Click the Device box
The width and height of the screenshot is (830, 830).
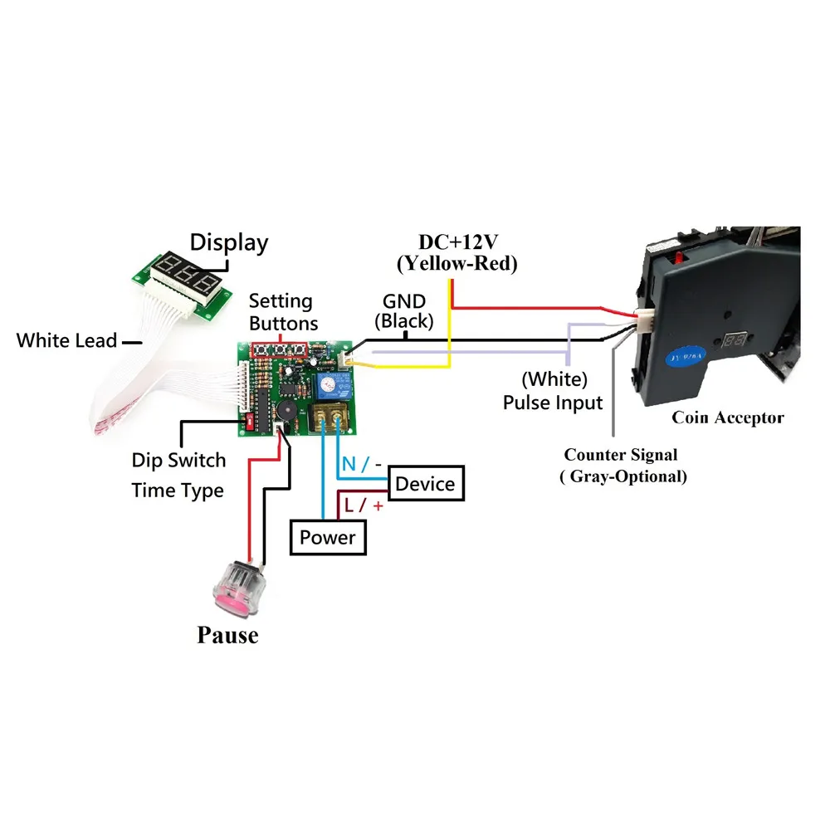(x=426, y=483)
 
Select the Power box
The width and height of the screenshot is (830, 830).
(x=328, y=537)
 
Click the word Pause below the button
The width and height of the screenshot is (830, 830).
(x=227, y=635)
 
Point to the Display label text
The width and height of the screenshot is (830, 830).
(x=229, y=243)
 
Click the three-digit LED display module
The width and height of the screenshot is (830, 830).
(x=182, y=284)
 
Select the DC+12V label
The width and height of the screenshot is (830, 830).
(x=458, y=242)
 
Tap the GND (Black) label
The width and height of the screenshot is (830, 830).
(x=404, y=311)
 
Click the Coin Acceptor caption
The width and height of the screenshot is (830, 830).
(x=728, y=417)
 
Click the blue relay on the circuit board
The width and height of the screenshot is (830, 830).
(x=334, y=385)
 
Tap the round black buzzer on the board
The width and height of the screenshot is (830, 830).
(x=287, y=410)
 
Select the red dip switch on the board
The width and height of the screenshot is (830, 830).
(x=250, y=422)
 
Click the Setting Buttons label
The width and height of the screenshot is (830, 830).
(x=283, y=312)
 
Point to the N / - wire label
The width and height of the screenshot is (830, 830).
(x=362, y=464)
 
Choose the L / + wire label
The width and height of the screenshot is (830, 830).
(x=364, y=505)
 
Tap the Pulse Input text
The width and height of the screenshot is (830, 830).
(x=553, y=403)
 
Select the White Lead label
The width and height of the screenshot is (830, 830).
(x=66, y=340)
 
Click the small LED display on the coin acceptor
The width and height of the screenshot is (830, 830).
(x=735, y=339)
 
